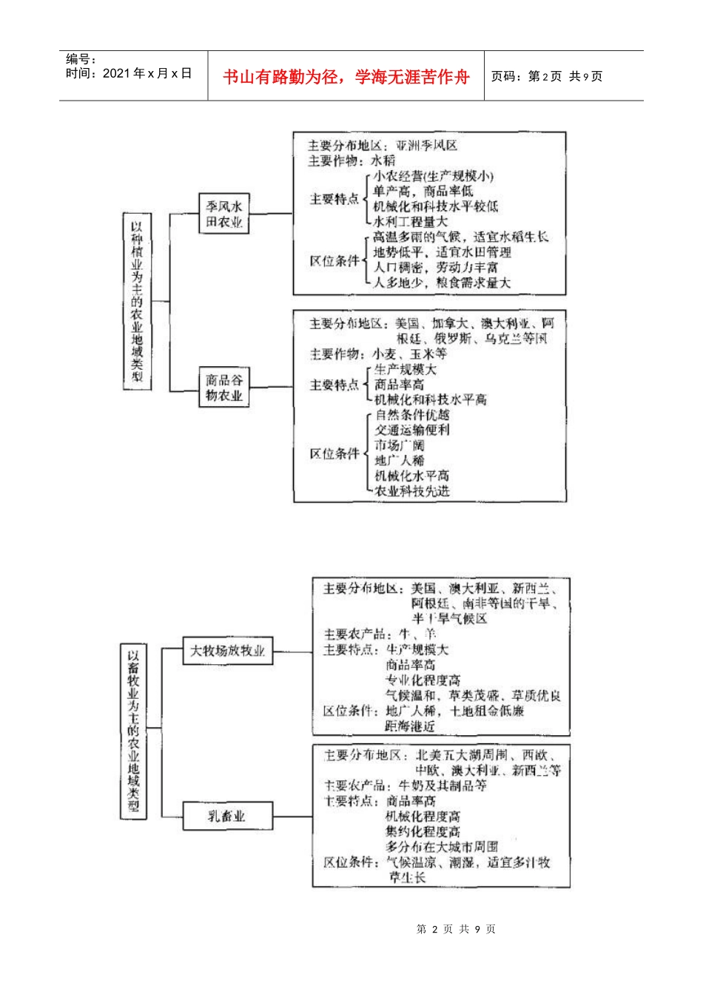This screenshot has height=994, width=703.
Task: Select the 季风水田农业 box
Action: [x=224, y=214]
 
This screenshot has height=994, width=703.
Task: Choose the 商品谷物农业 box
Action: [x=224, y=388]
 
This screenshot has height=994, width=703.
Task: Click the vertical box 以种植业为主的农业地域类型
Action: [x=137, y=301]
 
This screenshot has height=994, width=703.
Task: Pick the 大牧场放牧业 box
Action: [x=227, y=651]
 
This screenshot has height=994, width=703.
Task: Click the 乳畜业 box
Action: [x=227, y=816]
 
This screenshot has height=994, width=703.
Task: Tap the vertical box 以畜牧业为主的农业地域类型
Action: [x=133, y=731]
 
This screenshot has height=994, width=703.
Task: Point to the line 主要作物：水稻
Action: [x=352, y=160]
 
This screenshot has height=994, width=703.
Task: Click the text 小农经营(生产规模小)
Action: [x=433, y=176]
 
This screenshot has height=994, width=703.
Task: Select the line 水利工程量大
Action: [x=411, y=221]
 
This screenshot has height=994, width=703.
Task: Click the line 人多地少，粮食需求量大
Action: [x=442, y=283]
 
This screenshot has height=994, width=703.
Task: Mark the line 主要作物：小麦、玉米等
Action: [x=378, y=354]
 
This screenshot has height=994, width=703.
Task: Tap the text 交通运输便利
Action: [x=412, y=430]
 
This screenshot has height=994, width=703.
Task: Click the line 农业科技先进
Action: [x=412, y=491]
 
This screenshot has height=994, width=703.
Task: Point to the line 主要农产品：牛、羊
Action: [x=380, y=634]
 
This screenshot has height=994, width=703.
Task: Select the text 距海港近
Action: [x=410, y=726]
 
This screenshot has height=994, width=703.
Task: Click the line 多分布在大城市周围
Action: [x=442, y=847]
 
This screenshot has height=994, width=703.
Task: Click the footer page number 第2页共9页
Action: [x=457, y=929]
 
